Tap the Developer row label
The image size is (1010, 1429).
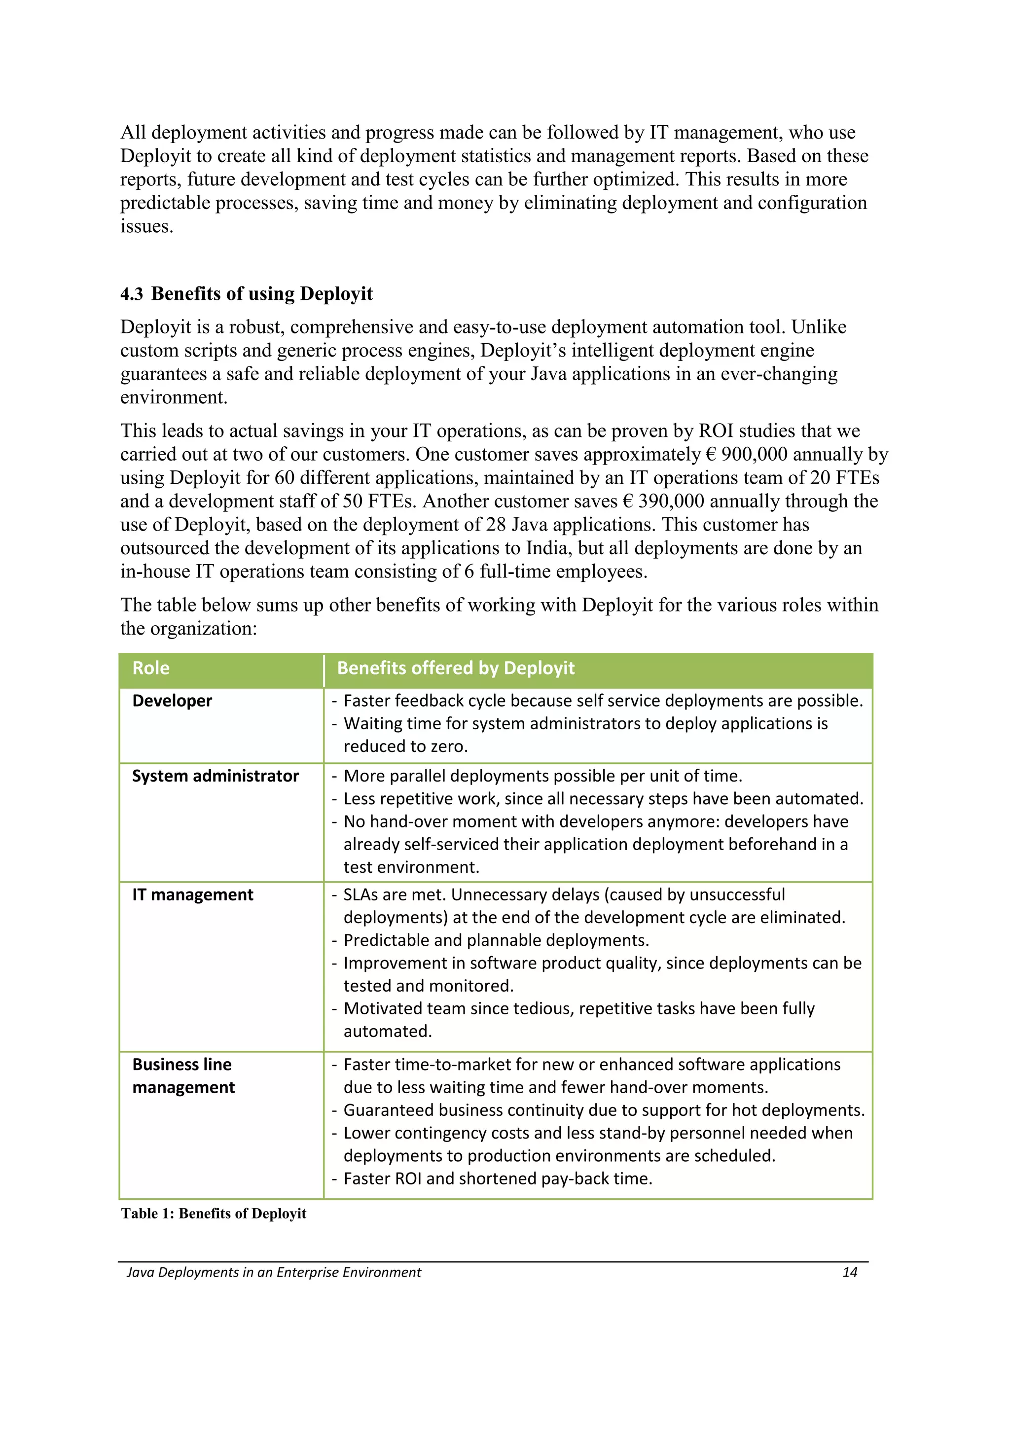172,701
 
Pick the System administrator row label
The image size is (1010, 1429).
216,776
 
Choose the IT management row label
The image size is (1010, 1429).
192,895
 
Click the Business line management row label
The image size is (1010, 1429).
183,1076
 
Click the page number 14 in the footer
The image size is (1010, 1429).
849,1272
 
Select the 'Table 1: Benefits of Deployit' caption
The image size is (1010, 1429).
214,1213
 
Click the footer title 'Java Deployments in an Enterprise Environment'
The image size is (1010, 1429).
274,1272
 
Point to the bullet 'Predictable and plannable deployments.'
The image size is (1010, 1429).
496,940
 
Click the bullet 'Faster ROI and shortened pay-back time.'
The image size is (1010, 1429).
497,1179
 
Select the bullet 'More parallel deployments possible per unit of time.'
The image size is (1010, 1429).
542,776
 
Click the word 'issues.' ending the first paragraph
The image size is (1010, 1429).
146,226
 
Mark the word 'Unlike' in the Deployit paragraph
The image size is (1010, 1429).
818,327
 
